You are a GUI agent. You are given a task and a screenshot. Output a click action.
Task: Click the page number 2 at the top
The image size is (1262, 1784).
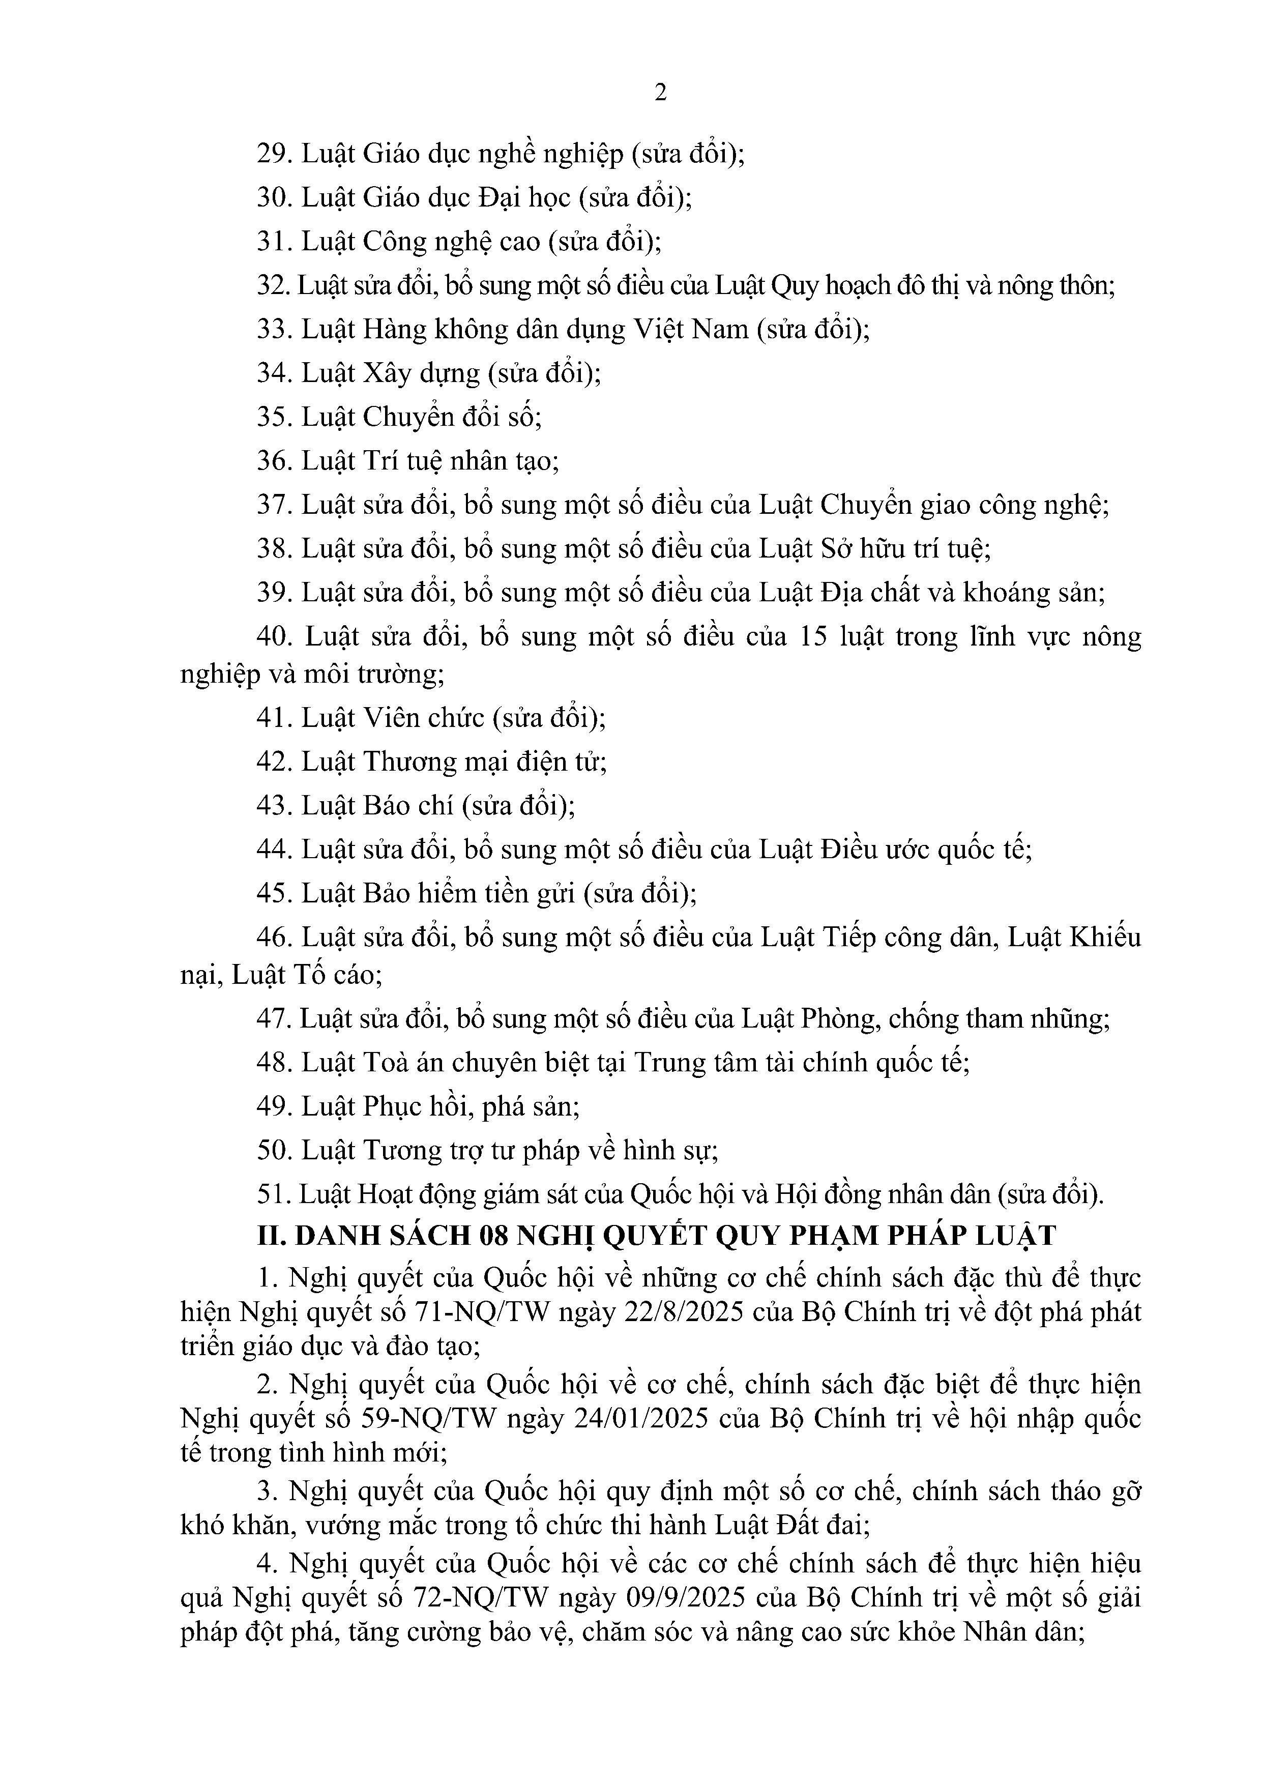(x=661, y=93)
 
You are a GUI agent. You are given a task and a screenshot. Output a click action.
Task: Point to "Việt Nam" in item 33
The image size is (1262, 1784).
(x=691, y=330)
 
